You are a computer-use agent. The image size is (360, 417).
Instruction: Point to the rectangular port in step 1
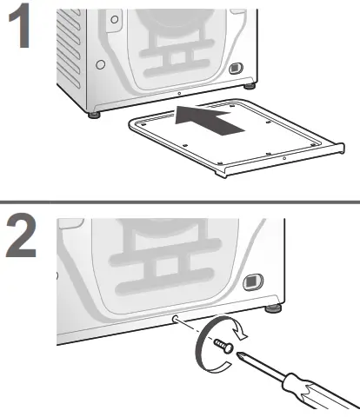pyautogui.click(x=234, y=67)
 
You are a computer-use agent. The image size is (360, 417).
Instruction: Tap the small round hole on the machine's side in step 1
pyautogui.click(x=101, y=64)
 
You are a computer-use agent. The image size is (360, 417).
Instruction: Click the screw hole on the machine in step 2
pyautogui.click(x=177, y=318)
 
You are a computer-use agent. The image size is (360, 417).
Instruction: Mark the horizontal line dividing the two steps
pyautogui.click(x=180, y=202)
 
